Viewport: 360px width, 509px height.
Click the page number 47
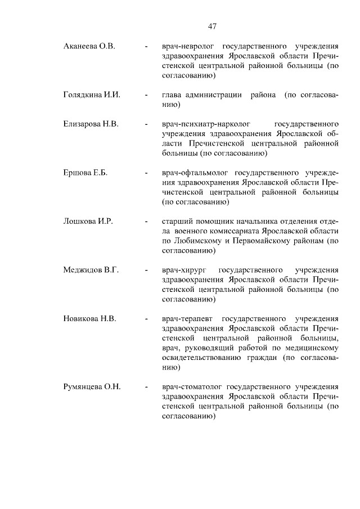[212, 26]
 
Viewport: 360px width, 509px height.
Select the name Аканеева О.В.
[89, 46]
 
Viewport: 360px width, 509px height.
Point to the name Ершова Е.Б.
[85, 173]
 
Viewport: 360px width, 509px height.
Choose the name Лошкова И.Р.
[88, 222]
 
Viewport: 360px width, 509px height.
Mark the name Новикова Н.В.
[89, 319]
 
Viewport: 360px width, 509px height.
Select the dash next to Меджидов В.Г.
[146, 271]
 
